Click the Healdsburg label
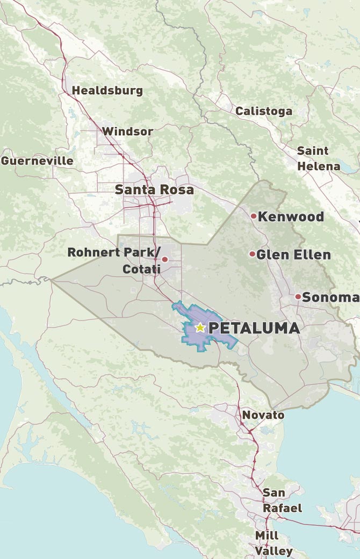pyautogui.click(x=107, y=90)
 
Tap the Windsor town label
pyautogui.click(x=128, y=131)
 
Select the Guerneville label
pyautogui.click(x=37, y=161)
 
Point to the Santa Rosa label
pyautogui.click(x=154, y=190)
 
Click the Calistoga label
pyautogui.click(x=264, y=111)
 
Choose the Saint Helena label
pyautogui.click(x=318, y=158)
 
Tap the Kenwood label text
pyautogui.click(x=291, y=216)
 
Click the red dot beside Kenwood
pyautogui.click(x=254, y=216)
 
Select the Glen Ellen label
pyautogui.click(x=293, y=254)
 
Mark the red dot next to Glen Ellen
pyautogui.click(x=252, y=253)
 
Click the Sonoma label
pyautogui.click(x=330, y=297)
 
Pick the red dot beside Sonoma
pyautogui.click(x=298, y=296)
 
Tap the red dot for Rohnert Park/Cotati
pyautogui.click(x=165, y=259)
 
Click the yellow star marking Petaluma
pyautogui.click(x=200, y=327)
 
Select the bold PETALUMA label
pyautogui.click(x=254, y=328)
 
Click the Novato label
pyautogui.click(x=263, y=415)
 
